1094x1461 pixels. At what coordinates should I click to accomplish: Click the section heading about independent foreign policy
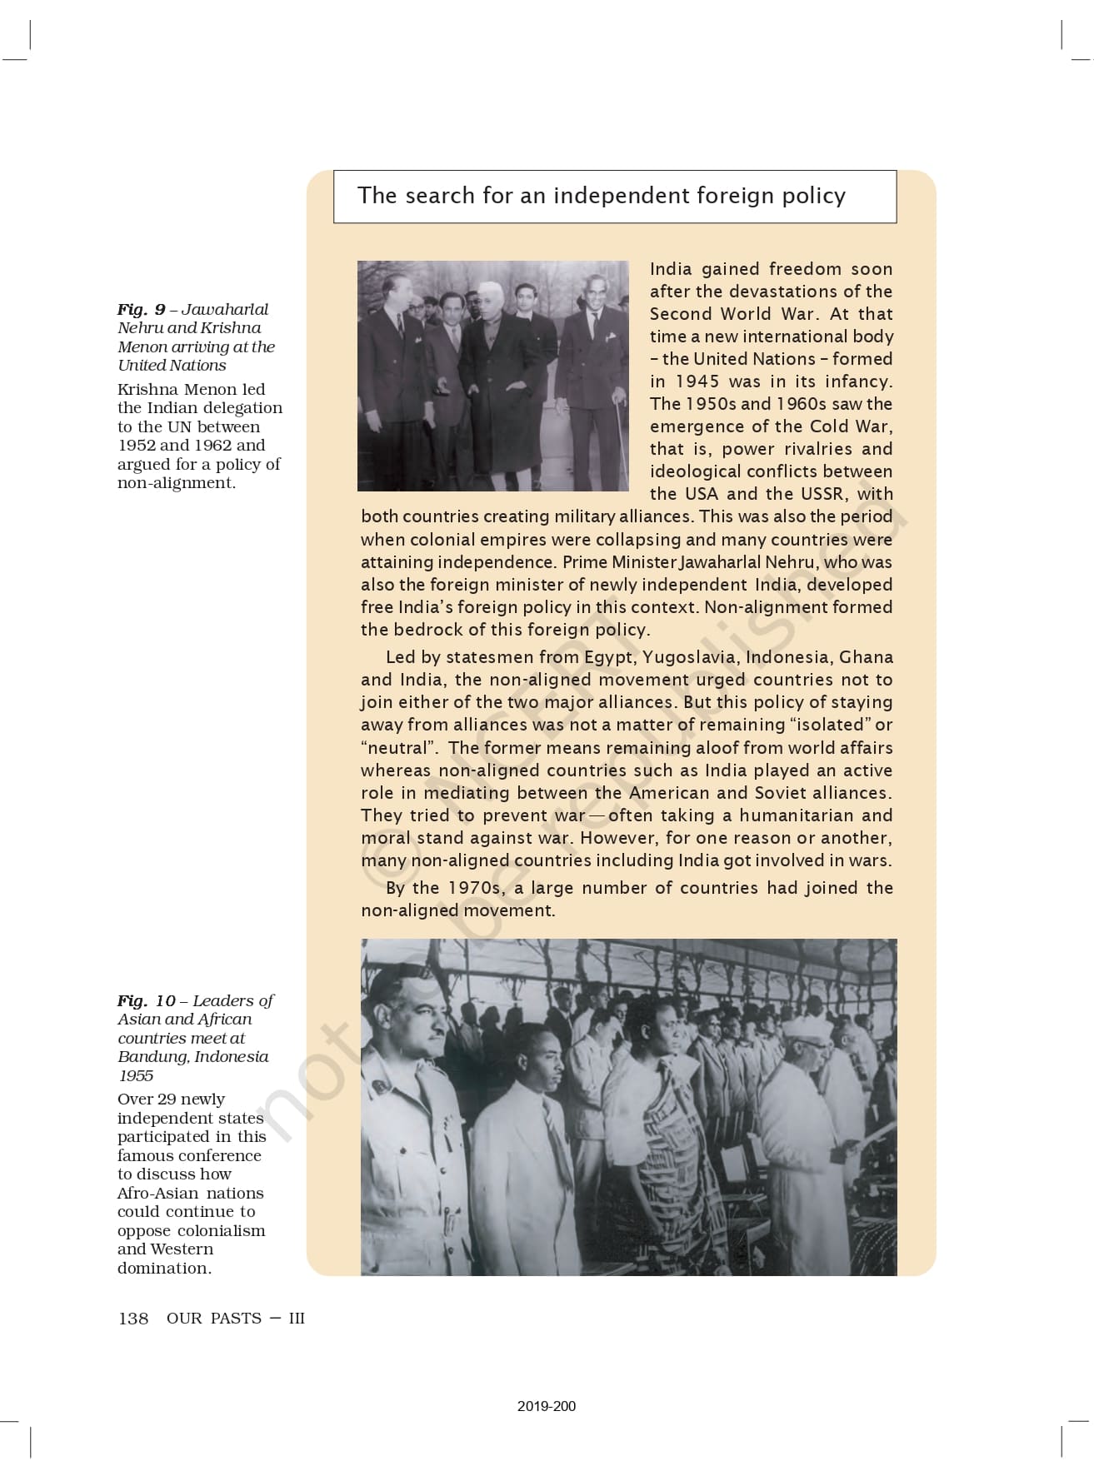(x=601, y=196)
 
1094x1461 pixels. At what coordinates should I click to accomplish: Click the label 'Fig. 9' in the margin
(x=141, y=310)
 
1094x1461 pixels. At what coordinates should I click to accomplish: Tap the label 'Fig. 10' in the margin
(x=146, y=1001)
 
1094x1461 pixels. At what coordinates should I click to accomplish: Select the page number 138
(x=133, y=1319)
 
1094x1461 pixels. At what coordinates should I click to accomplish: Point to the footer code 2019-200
(x=546, y=1406)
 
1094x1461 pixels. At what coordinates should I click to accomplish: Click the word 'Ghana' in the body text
(x=866, y=657)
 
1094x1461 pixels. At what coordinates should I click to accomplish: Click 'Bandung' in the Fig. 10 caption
(x=153, y=1057)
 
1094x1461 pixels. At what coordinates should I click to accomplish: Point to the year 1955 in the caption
(x=136, y=1076)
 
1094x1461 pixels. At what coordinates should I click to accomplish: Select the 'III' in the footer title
(x=297, y=1319)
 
